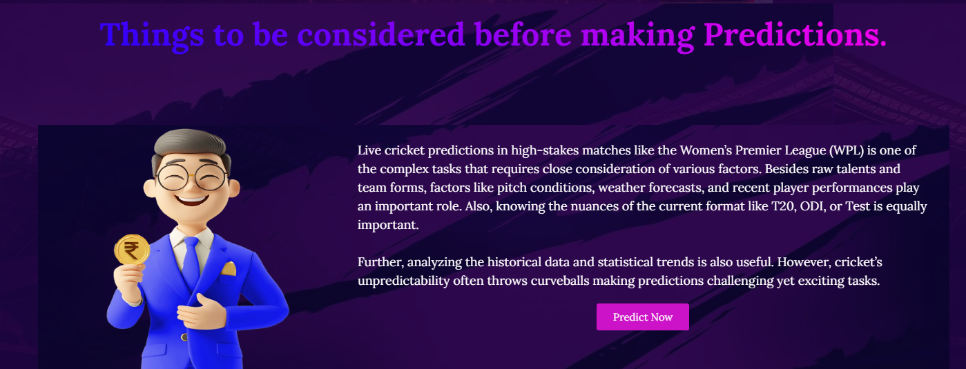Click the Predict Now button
click(x=643, y=317)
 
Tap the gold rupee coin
click(x=132, y=250)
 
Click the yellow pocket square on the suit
click(x=229, y=269)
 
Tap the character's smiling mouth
click(x=191, y=201)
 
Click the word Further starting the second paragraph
click(x=380, y=262)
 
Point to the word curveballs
click(x=559, y=281)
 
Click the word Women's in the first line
click(x=706, y=150)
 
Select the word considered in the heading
click(x=380, y=34)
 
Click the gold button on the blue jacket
click(x=184, y=337)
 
